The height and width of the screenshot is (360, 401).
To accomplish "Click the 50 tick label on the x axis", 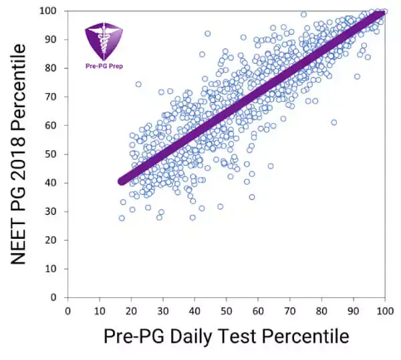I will tap(227, 310).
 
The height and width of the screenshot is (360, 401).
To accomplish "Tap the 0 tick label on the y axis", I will tap(56, 297).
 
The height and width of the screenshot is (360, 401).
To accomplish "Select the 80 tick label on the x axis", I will tap(321, 310).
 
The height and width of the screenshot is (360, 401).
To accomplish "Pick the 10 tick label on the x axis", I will tap(100, 310).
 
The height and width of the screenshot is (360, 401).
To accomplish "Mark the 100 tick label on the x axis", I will tap(384, 310).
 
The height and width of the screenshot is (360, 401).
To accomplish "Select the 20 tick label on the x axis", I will tap(131, 310).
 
